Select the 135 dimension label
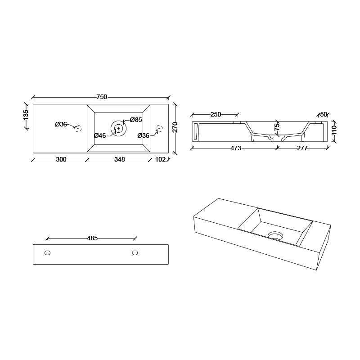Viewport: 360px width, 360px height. (x=26, y=114)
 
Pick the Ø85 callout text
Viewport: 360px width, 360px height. (x=136, y=120)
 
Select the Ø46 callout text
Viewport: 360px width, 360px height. (x=100, y=135)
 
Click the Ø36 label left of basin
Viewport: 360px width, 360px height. (x=61, y=124)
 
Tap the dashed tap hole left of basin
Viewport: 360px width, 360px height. (x=78, y=129)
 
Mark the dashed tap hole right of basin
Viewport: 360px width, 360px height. (x=159, y=129)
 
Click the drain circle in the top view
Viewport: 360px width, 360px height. (x=118, y=128)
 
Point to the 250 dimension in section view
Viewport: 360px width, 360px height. (x=216, y=114)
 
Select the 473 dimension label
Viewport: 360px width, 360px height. (x=236, y=148)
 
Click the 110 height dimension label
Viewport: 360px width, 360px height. (x=334, y=130)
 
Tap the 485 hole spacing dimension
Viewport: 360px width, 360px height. (x=92, y=238)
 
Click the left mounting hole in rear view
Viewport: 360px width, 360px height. (x=47, y=253)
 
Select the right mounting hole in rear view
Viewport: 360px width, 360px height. (x=135, y=253)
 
